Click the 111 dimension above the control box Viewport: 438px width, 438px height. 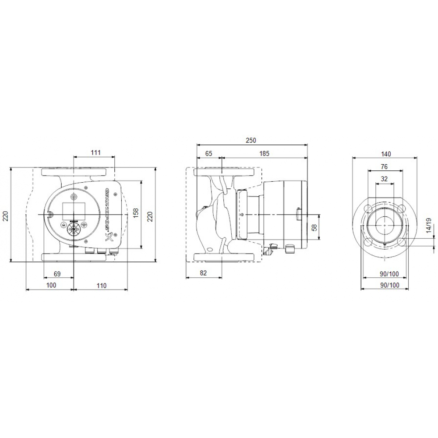coord(96,152)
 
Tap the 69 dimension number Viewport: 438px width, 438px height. coord(57,274)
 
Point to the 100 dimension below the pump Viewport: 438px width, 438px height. coord(51,286)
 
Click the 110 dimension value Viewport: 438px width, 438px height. coord(101,286)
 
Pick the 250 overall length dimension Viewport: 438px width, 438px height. coord(251,141)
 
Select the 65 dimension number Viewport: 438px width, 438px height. coord(209,153)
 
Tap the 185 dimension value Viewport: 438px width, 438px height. coord(264,153)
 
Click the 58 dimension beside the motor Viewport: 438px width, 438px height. coord(314,228)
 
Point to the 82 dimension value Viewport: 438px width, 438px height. coord(203,273)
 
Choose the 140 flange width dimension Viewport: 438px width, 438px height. coord(386,154)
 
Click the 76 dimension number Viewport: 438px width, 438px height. coord(384,166)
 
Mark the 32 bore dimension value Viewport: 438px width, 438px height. coord(385,179)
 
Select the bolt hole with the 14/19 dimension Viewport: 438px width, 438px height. coord(402,241)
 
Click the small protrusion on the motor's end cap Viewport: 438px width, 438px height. coord(298,214)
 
